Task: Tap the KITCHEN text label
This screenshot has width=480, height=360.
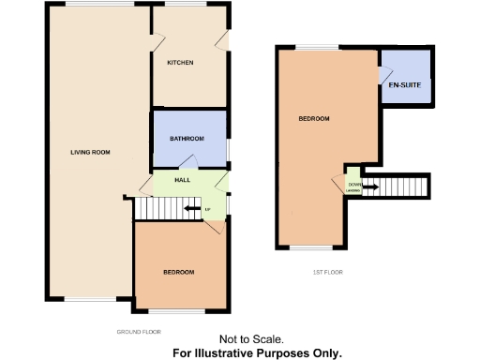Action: pyautogui.click(x=180, y=63)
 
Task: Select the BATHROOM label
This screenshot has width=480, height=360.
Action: pyautogui.click(x=187, y=139)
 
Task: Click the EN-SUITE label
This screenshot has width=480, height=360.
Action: pyautogui.click(x=404, y=86)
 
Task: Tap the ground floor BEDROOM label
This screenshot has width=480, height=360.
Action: pyautogui.click(x=178, y=272)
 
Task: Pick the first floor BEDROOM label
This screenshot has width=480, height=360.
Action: pyautogui.click(x=313, y=119)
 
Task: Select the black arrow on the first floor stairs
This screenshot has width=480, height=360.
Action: pyautogui.click(x=370, y=187)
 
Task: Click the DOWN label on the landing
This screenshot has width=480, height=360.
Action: pyautogui.click(x=354, y=185)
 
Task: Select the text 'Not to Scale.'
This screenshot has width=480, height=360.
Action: pyautogui.click(x=251, y=340)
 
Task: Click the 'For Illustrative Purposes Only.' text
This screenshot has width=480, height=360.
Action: pyautogui.click(x=257, y=353)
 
